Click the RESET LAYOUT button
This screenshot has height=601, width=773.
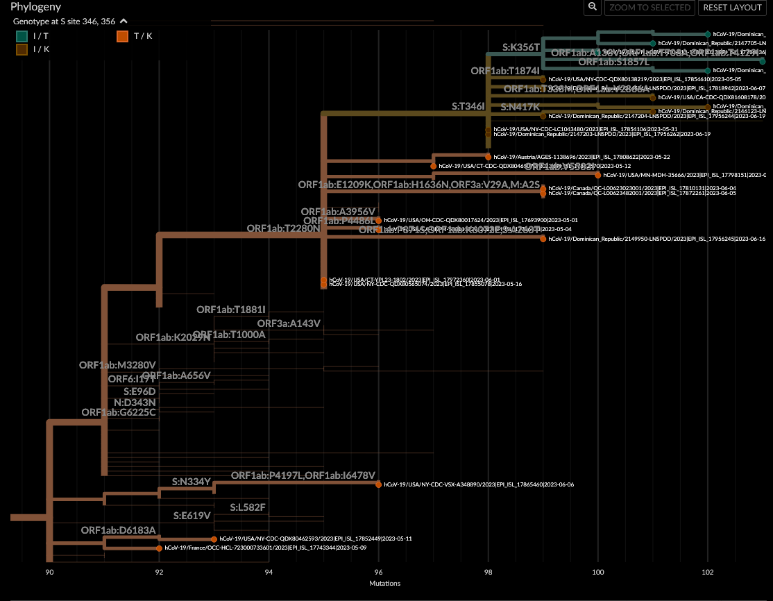pos(732,7)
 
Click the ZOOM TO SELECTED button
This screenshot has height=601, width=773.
pos(649,7)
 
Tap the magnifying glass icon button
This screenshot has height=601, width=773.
pos(592,7)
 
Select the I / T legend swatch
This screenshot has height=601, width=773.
pos(22,35)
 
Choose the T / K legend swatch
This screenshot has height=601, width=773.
pos(122,35)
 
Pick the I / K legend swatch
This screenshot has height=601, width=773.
pos(22,49)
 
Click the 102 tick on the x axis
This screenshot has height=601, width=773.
pos(708,573)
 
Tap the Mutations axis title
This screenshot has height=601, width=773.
pos(384,584)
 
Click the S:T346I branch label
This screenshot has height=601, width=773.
pos(468,107)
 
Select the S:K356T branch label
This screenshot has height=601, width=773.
pos(521,47)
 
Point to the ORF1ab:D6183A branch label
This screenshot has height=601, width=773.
pos(118,531)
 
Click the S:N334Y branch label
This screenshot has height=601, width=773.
pos(191,481)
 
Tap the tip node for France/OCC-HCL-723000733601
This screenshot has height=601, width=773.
pos(160,548)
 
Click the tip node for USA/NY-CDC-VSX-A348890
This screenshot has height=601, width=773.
pos(378,484)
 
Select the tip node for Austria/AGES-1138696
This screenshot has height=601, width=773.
pos(488,157)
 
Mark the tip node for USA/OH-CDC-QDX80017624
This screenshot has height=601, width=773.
pos(378,220)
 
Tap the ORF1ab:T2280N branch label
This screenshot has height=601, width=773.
pos(283,228)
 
